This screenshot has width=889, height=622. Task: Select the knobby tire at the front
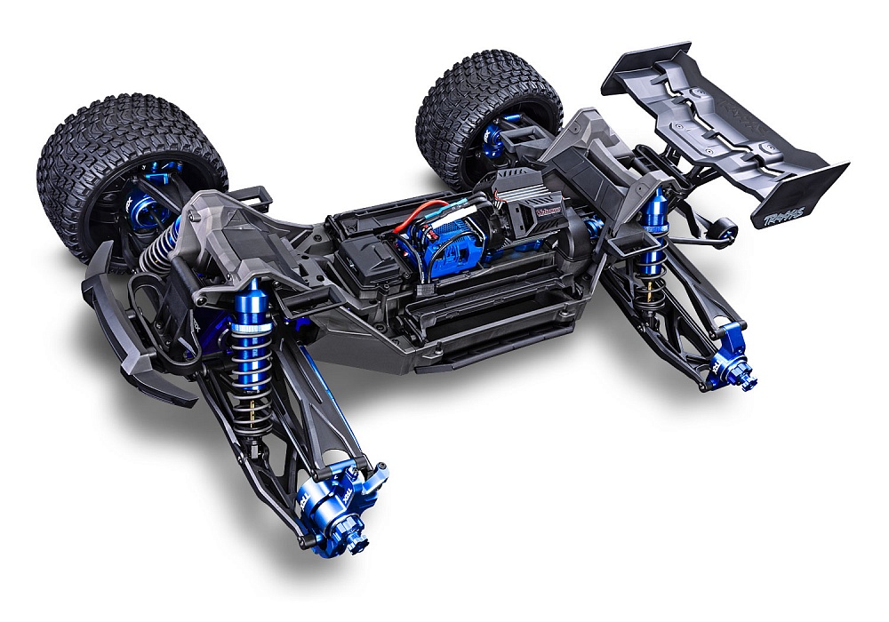pos(124,169)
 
